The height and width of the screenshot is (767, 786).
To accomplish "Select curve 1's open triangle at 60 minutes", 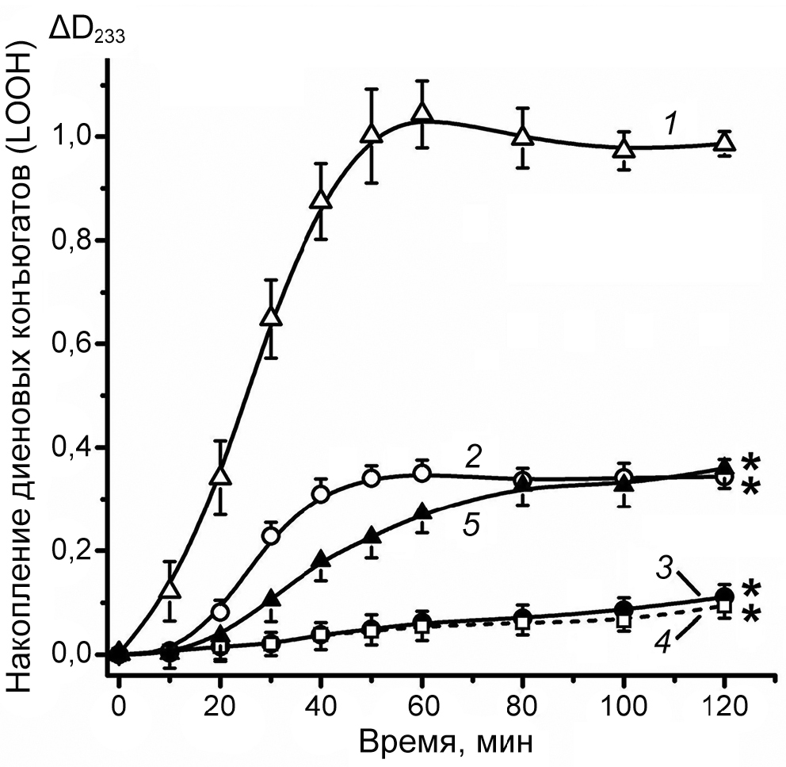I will [422, 113].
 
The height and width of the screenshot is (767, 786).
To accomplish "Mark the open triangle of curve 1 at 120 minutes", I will [724, 144].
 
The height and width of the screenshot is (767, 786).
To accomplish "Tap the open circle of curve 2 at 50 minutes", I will [372, 478].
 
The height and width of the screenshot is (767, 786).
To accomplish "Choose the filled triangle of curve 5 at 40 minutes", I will [321, 559].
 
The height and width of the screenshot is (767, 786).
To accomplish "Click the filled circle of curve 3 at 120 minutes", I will [723, 597].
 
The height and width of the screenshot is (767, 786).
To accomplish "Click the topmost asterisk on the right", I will [750, 462].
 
